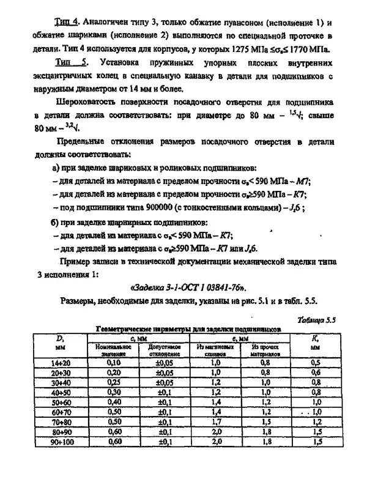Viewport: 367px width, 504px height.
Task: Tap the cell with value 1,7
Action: point(215,421)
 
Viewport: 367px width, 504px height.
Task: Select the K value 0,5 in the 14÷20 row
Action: point(316,362)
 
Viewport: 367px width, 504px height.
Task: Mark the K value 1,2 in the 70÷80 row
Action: point(316,421)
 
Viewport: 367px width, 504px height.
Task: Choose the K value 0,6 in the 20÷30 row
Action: point(316,372)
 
